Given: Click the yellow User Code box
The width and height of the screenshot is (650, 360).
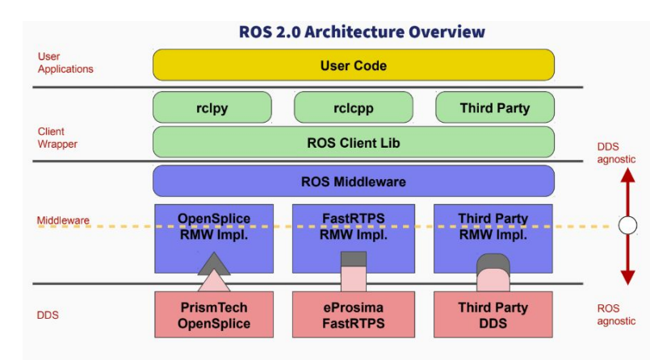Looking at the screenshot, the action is [354, 65].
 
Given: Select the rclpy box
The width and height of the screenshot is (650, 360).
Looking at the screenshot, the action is [212, 107].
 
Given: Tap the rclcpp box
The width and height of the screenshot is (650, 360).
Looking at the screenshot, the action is [354, 107].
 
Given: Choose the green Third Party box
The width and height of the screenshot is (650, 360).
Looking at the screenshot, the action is [495, 107].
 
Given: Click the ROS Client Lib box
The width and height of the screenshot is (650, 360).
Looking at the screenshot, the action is [354, 142].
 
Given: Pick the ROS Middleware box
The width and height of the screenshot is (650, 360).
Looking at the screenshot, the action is [354, 181].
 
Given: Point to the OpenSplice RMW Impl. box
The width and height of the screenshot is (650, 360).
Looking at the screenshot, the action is [214, 239].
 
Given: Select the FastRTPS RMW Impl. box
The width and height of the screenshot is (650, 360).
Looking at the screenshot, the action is [354, 239].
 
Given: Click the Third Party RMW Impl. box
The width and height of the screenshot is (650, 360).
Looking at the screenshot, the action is [493, 239].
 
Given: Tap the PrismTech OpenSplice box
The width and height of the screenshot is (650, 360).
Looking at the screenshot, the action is [214, 315].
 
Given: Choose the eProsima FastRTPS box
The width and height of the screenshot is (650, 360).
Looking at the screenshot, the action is [354, 315].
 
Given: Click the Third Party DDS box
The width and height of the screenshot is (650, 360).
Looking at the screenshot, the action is [493, 315].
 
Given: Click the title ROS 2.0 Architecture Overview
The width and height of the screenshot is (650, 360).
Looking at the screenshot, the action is [362, 32].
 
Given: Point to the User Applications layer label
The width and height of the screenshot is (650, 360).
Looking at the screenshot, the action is [65, 62].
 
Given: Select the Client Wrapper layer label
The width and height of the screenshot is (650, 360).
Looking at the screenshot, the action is [57, 137].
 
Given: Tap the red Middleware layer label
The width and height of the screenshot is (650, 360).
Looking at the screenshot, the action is [63, 220].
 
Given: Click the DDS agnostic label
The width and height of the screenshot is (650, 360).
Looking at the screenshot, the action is [616, 153].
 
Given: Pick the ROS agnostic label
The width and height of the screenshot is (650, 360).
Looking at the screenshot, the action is [616, 315].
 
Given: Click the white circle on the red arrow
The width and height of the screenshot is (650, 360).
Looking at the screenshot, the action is [627, 226].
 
